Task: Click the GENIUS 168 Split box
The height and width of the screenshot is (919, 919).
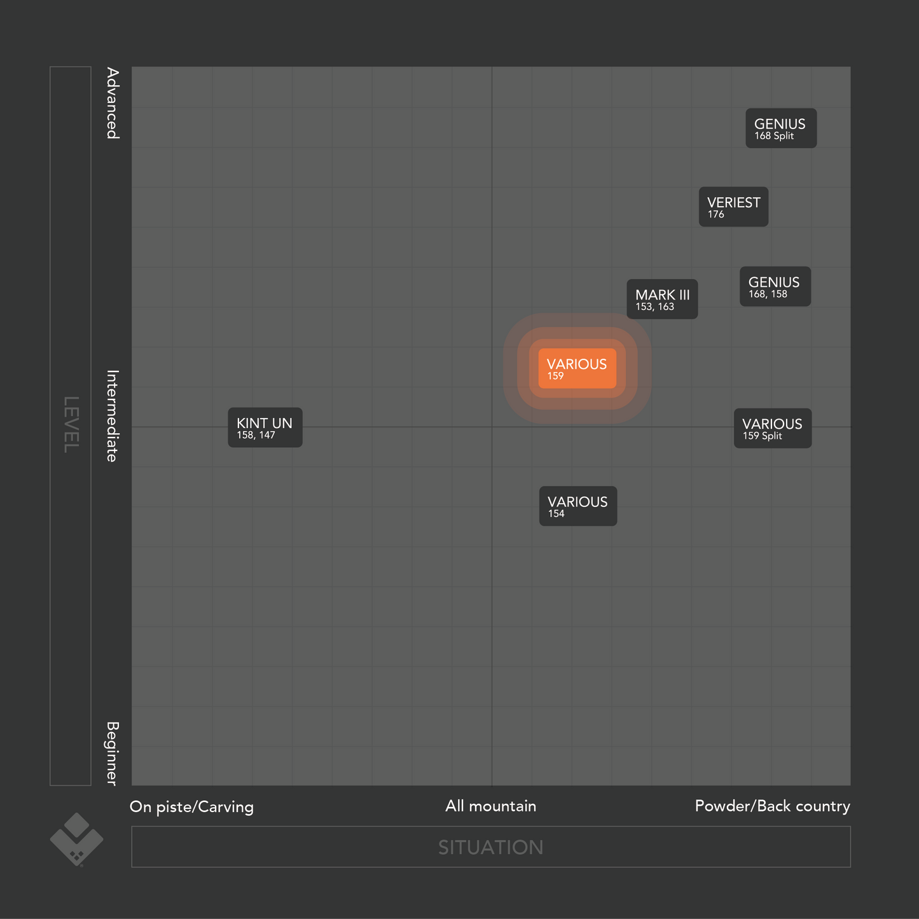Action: [x=780, y=128]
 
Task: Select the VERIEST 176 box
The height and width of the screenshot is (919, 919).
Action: [x=733, y=207]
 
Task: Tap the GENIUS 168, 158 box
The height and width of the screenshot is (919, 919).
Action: [x=775, y=286]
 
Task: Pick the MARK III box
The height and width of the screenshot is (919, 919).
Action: [x=662, y=299]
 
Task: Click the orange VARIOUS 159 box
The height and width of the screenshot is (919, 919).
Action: [x=577, y=368]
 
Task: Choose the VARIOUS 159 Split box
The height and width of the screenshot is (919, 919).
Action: [x=772, y=428]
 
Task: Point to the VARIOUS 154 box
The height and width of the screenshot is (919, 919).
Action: [x=577, y=506]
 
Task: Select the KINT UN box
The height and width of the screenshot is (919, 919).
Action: [x=265, y=427]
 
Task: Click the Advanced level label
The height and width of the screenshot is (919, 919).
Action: [x=112, y=104]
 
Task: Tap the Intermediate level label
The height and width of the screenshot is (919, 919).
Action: [x=112, y=416]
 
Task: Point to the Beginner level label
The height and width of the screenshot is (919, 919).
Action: [x=112, y=753]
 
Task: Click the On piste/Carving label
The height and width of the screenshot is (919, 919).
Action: [x=191, y=807]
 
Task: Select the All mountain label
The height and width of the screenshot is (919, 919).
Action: [x=490, y=806]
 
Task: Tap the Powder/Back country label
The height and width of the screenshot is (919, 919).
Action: [x=772, y=806]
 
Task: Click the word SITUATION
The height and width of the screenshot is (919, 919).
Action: [x=490, y=847]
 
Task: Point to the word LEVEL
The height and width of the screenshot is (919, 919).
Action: [x=71, y=425]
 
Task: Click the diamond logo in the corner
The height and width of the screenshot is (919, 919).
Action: [x=76, y=840]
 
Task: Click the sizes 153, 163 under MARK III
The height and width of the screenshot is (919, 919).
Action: [x=654, y=307]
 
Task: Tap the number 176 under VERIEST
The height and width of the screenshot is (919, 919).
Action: [x=716, y=214]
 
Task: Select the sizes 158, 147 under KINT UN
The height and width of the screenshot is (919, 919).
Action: [x=256, y=436]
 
